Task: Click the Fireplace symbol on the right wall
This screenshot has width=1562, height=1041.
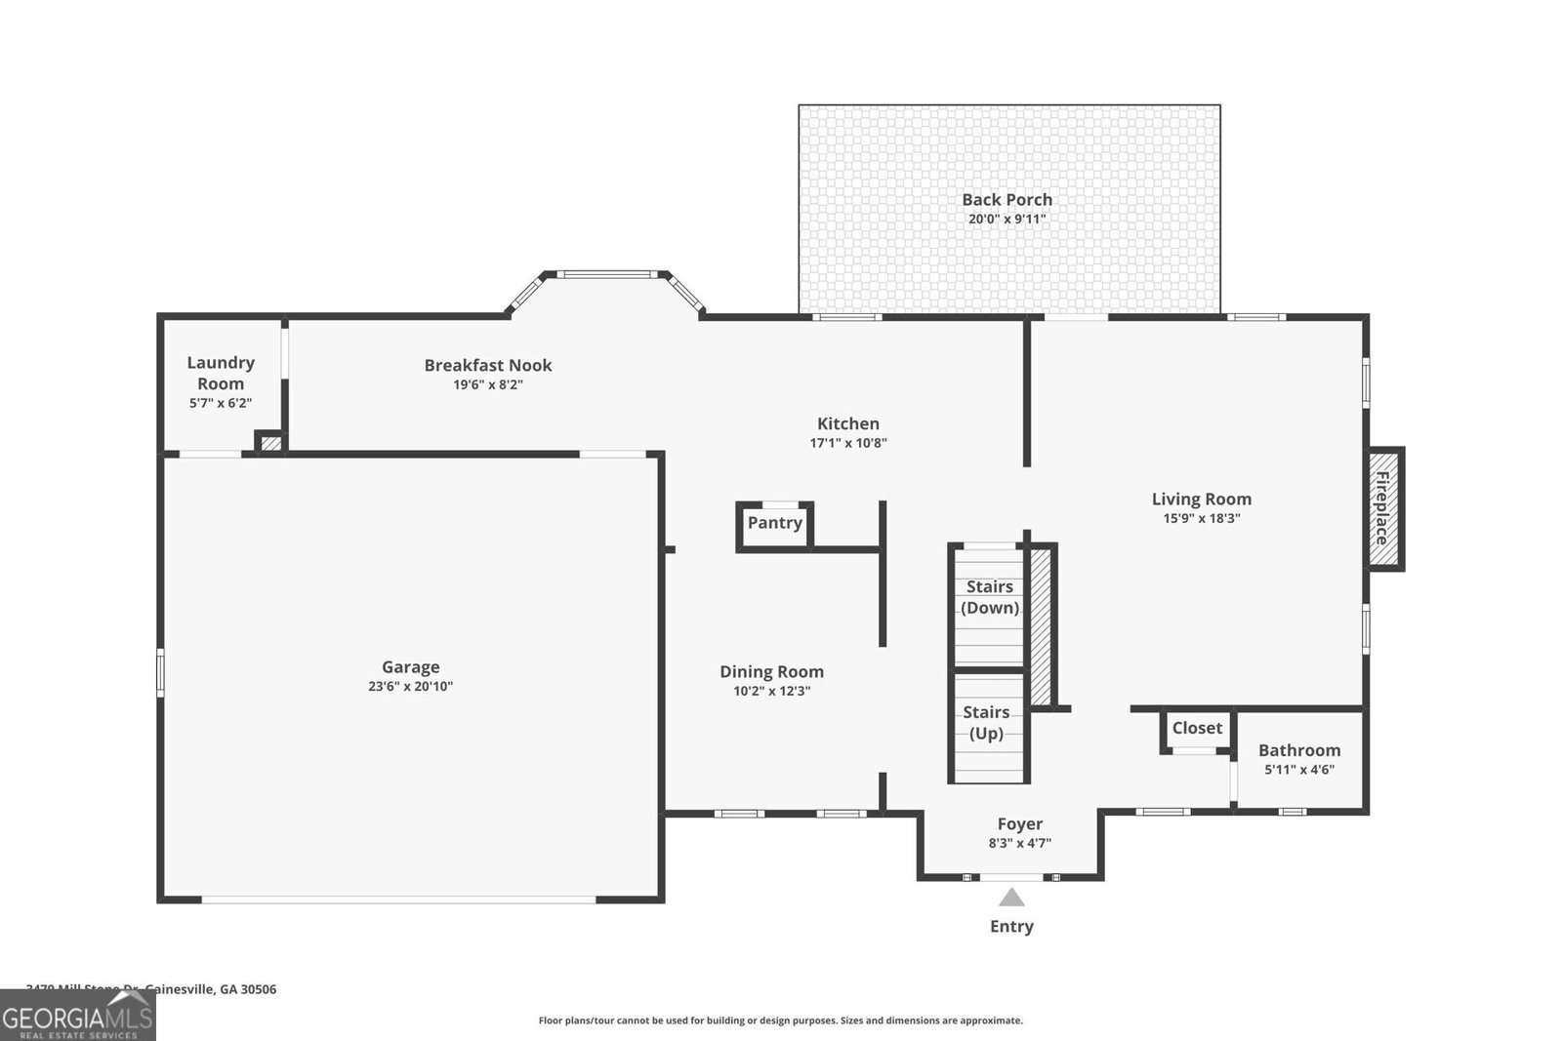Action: tap(1383, 508)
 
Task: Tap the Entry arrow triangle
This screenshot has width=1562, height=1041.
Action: tap(1011, 898)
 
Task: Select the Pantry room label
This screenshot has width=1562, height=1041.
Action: tap(774, 523)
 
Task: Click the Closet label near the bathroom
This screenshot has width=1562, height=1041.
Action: tap(1197, 728)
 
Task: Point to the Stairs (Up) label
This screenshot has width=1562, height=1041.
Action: tap(986, 723)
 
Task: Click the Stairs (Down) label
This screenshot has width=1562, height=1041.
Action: tap(989, 597)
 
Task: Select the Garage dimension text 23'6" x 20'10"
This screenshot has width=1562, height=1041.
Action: tap(410, 687)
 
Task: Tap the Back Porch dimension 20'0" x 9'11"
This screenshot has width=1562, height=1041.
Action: tap(1007, 220)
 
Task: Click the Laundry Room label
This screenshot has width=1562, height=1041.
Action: tap(221, 373)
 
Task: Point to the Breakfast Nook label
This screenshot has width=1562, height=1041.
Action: tap(487, 365)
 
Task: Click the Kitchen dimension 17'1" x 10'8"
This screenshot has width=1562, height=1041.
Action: tap(847, 443)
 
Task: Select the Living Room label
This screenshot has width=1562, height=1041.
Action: tap(1201, 499)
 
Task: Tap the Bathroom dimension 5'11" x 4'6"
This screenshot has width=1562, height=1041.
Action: tap(1298, 770)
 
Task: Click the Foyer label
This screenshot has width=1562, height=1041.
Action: tap(1019, 824)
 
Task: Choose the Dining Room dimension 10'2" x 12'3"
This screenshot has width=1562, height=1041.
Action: tap(771, 692)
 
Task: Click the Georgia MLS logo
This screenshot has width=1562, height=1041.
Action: tap(77, 1018)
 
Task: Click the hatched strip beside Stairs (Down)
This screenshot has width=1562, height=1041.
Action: tap(1041, 626)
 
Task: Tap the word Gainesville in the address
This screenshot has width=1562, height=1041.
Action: tap(180, 989)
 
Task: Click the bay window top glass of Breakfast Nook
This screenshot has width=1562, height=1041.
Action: tap(611, 275)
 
